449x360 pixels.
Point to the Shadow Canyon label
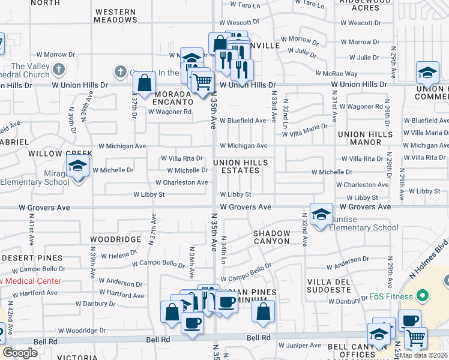pos(271,237)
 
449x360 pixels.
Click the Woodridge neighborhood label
pos(115,239)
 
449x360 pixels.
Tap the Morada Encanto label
pos(174,98)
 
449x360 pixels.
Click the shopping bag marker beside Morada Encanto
pos(145,84)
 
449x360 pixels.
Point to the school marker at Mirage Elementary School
pos(77,166)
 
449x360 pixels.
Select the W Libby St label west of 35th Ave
pos(149,194)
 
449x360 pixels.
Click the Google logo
pos(20,353)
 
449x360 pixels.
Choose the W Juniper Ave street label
pos(300,346)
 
